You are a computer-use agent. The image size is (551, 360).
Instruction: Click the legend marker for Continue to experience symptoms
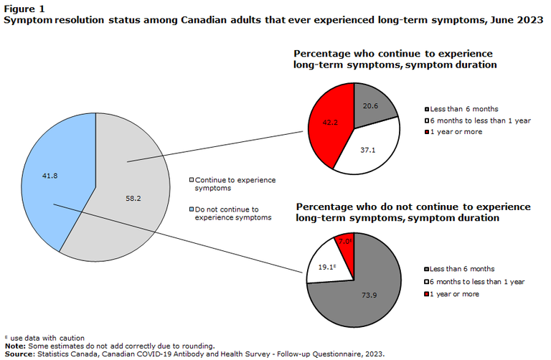tap(192, 180)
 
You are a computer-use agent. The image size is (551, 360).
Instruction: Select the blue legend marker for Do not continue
tap(192, 210)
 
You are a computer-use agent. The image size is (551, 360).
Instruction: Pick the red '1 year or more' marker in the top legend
tap(426, 131)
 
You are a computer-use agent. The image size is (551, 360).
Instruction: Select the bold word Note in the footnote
tap(15, 346)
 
